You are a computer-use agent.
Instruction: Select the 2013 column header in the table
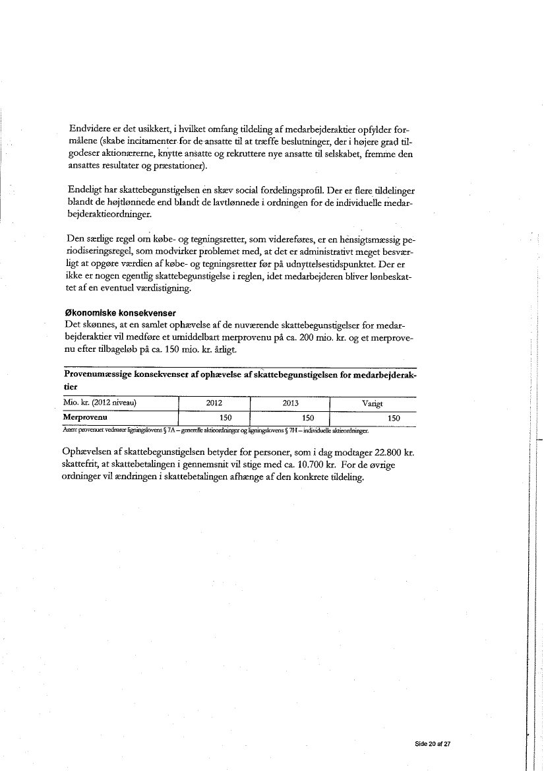(x=289, y=404)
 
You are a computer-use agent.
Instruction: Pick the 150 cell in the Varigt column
(x=394, y=418)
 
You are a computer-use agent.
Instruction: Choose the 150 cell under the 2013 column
(x=308, y=418)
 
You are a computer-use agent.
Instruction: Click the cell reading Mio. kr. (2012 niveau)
(x=99, y=404)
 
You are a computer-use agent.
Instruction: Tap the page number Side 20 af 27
(x=432, y=743)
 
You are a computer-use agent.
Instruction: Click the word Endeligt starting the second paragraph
(x=88, y=190)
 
